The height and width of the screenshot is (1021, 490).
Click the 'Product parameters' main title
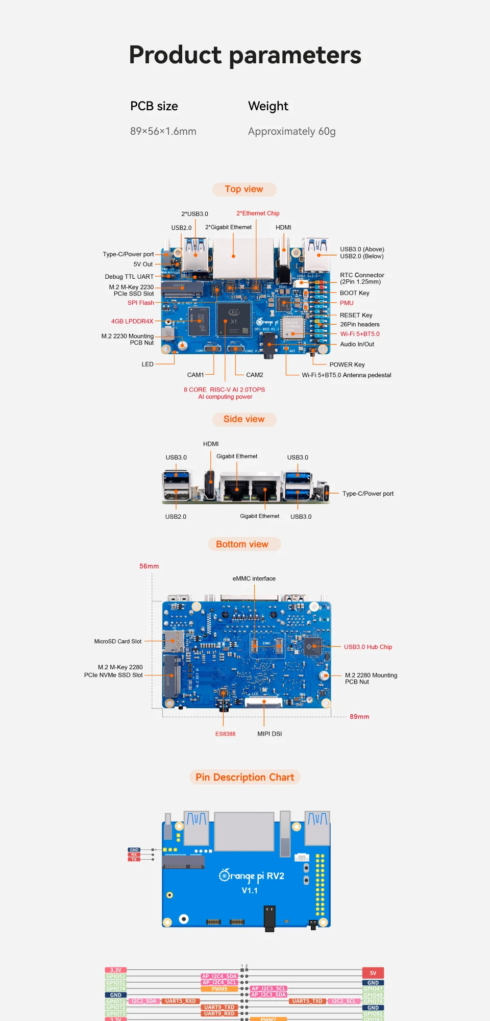pos(244,55)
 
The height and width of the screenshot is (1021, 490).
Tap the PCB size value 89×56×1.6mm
pos(163,131)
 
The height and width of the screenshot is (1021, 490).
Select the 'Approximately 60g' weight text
pos(291,131)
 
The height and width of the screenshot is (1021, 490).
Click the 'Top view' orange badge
pos(244,189)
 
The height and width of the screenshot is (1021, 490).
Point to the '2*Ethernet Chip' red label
pos(257,213)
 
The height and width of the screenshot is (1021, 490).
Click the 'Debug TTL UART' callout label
pos(129,277)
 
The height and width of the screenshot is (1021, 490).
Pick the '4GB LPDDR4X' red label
pos(132,321)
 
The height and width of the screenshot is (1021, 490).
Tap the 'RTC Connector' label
pos(361,275)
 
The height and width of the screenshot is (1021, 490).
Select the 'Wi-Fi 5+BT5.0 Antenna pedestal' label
pos(346,375)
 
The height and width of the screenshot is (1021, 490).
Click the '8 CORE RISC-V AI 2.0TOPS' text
pos(224,390)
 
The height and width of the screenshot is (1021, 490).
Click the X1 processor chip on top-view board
pos(233,319)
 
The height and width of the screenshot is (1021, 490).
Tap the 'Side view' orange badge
pos(244,419)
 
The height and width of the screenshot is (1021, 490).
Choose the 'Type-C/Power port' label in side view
pos(367,494)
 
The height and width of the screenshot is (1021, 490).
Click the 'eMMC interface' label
pos(254,578)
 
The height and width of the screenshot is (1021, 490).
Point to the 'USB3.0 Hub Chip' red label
pos(367,647)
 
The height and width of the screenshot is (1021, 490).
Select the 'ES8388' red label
pos(225,734)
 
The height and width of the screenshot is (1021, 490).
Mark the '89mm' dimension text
pos(359,717)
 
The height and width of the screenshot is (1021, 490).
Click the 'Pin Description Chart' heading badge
pos(244,777)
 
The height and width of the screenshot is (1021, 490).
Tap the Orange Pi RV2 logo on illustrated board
pos(251,877)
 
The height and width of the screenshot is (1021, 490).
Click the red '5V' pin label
pos(373,973)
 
